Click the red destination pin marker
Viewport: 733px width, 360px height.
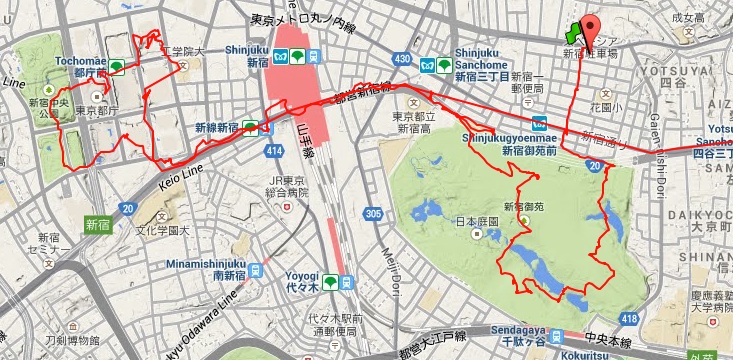click(590, 27)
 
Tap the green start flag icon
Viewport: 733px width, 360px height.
click(573, 34)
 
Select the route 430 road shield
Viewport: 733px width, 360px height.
click(402, 60)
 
